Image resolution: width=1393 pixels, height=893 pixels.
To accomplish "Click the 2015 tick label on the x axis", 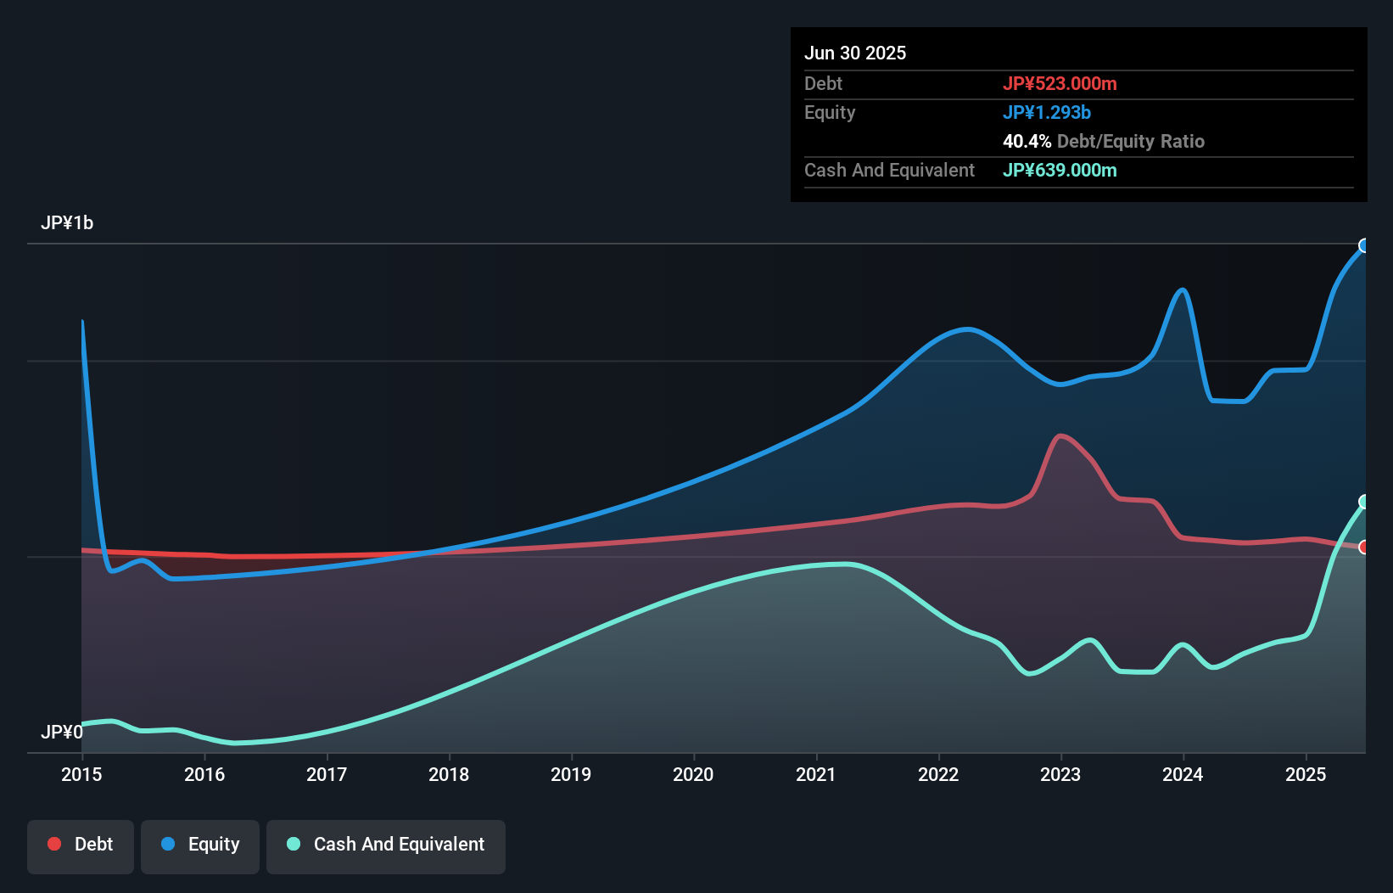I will click(x=81, y=774).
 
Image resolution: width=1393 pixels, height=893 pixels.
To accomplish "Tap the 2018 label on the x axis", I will click(x=449, y=774).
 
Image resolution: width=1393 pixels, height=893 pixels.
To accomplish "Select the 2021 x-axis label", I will click(x=815, y=774).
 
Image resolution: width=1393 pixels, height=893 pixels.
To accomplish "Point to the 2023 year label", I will click(x=1060, y=774).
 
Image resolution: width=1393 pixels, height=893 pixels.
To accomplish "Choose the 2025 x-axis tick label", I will click(x=1306, y=774).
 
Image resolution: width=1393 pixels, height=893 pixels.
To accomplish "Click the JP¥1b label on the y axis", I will click(x=67, y=223).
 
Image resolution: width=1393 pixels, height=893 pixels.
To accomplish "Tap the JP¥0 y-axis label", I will click(x=62, y=732).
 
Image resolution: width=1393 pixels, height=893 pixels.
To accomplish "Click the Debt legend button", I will click(x=81, y=845).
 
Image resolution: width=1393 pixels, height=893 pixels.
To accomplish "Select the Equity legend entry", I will click(x=200, y=845).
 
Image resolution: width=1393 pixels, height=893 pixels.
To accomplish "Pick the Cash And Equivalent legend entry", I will click(x=386, y=845).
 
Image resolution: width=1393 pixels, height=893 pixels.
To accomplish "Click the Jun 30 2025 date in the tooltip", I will click(x=855, y=53).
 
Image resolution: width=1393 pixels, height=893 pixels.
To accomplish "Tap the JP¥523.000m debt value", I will click(x=1060, y=83).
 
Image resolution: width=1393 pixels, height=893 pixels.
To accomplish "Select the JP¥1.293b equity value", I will click(x=1047, y=112).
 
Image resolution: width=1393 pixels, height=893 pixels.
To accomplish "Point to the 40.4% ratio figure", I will click(x=1027, y=141).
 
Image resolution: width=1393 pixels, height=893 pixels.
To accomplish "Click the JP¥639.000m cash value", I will click(x=1060, y=170).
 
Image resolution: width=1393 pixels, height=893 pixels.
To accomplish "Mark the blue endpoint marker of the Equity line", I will click(x=1364, y=246).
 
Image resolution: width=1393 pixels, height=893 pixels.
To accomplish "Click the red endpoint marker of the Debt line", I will click(x=1364, y=548).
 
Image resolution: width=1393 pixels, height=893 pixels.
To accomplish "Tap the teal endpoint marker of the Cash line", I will click(x=1364, y=502).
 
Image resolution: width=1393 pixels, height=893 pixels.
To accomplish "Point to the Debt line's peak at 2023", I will click(x=1060, y=436).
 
